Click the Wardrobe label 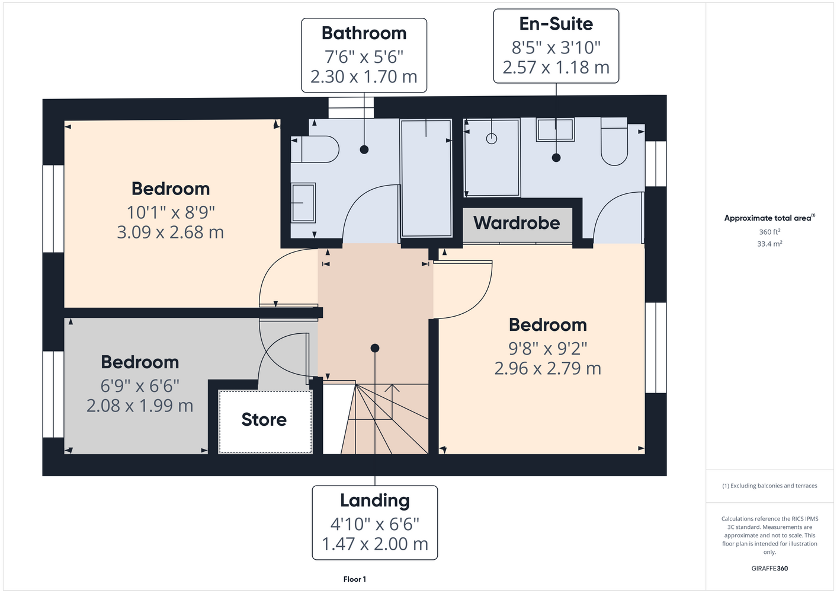coord(517,223)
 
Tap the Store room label coord(264,419)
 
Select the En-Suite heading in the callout coord(556,24)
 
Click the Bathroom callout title coord(364,33)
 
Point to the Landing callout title coord(375,501)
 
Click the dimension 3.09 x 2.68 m coord(171,232)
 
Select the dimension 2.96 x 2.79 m coord(548,368)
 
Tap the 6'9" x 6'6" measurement coord(140,385)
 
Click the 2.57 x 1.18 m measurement coord(556,68)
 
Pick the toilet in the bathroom coord(315,149)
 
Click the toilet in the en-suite coord(614,141)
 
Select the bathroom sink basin coord(303,202)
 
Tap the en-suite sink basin coord(555,129)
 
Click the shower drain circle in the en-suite coord(492,139)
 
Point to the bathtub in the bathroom coord(426,178)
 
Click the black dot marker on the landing coord(375,348)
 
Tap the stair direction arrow coord(392,402)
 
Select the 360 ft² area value coord(769,232)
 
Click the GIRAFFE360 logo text coord(769,568)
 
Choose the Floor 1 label coord(355,579)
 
